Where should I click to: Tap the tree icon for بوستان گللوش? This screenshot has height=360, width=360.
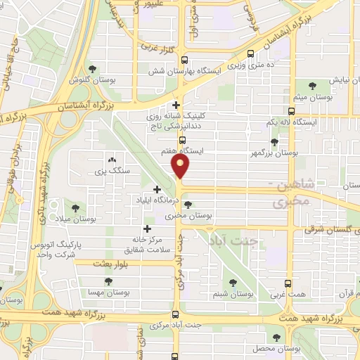(92, 68)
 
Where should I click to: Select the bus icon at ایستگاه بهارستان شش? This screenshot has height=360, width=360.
(184, 60)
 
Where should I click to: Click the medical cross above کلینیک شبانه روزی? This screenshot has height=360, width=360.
(176, 105)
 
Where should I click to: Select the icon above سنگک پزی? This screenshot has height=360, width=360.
(112, 160)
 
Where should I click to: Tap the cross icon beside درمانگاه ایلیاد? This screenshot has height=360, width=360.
(157, 189)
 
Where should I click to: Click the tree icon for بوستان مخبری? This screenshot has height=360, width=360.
(187, 205)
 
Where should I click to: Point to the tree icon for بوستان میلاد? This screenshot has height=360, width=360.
(76, 207)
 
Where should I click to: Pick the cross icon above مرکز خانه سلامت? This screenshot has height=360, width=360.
(147, 229)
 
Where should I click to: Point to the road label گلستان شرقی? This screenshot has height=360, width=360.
(332, 230)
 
